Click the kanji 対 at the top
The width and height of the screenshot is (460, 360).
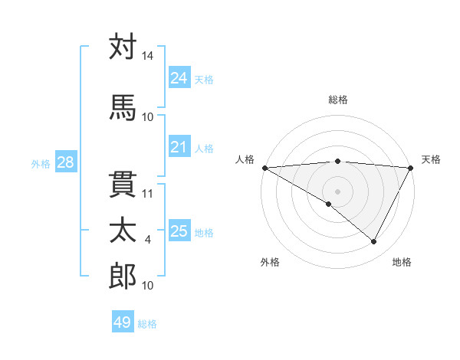pyautogui.click(x=123, y=47)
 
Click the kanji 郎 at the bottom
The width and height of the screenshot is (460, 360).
pyautogui.click(x=123, y=277)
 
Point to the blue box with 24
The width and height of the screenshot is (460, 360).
pyautogui.click(x=179, y=78)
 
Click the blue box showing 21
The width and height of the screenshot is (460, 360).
pyautogui.click(x=179, y=148)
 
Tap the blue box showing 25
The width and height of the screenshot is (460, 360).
pyautogui.click(x=179, y=231)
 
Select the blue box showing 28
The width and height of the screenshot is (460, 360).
pyautogui.click(x=65, y=162)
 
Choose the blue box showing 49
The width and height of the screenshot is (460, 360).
pyautogui.click(x=123, y=323)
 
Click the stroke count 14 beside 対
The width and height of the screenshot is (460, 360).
pyautogui.click(x=147, y=57)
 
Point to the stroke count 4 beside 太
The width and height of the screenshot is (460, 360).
pyautogui.click(x=148, y=240)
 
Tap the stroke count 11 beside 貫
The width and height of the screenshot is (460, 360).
pyautogui.click(x=148, y=193)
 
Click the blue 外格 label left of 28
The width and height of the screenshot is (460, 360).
pyautogui.click(x=41, y=163)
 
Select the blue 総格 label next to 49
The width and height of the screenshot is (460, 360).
pyautogui.click(x=147, y=324)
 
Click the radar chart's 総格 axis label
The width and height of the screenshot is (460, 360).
pyautogui.click(x=337, y=100)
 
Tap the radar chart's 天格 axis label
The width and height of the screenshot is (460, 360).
pyautogui.click(x=431, y=159)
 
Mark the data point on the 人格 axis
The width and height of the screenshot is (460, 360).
pyautogui.click(x=264, y=168)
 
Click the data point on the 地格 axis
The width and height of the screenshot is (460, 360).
pyautogui.click(x=374, y=241)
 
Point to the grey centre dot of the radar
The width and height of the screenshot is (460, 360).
pyautogui.click(x=337, y=191)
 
